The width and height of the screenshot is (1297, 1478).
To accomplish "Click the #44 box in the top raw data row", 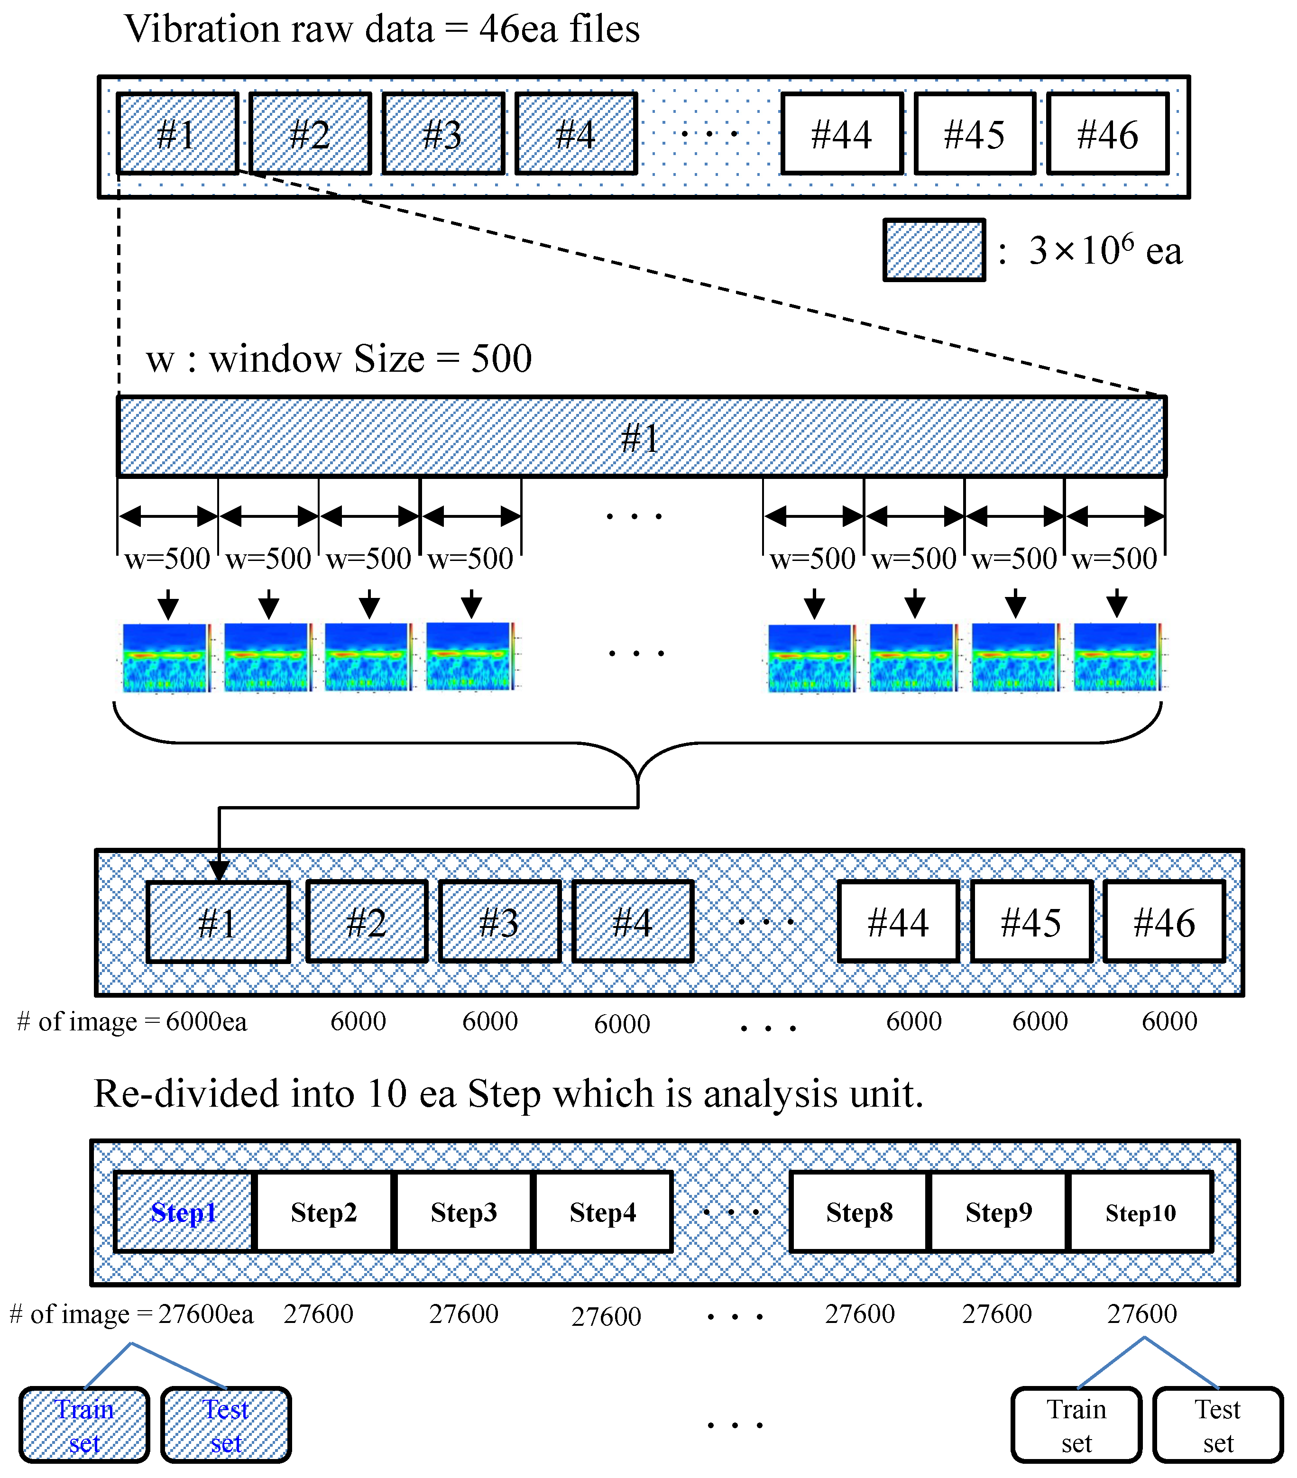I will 842,134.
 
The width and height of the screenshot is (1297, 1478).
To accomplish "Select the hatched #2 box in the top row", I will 310,134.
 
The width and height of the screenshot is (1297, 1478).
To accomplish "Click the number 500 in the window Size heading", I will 501,358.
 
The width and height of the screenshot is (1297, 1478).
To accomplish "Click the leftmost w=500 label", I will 167,558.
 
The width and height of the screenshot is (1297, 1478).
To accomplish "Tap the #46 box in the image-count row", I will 1164,922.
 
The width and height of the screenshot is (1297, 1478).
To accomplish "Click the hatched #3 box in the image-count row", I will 499,922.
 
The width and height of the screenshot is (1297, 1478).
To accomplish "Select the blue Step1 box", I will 184,1212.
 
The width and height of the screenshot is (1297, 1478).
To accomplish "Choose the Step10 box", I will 1140,1212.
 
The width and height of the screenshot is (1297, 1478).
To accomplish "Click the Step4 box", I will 603,1212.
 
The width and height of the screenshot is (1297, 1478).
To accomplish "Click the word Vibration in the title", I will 202,29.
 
